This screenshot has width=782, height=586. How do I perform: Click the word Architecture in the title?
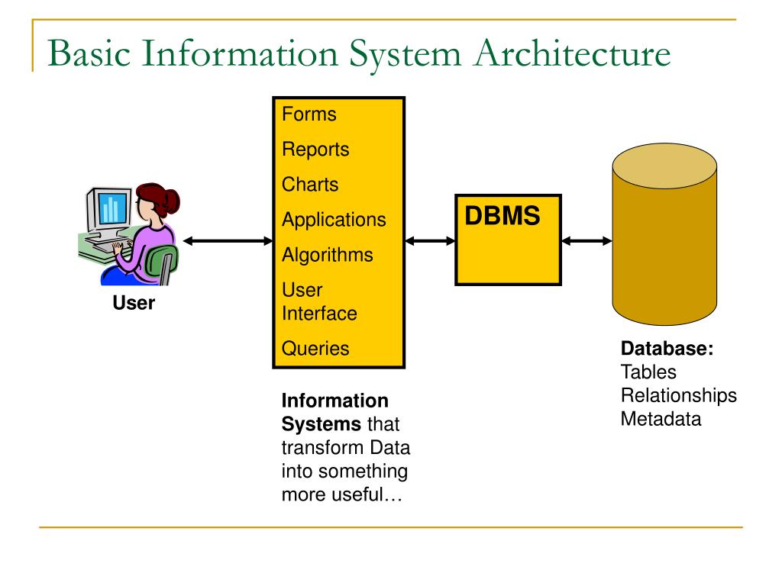click(x=573, y=53)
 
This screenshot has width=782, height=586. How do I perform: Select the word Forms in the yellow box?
click(x=309, y=114)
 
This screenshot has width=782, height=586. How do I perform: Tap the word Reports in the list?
click(x=315, y=150)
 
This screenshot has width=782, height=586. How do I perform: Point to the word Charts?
click(x=310, y=185)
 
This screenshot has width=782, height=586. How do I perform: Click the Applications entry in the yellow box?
click(x=334, y=220)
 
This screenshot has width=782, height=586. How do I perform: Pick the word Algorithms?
click(x=328, y=255)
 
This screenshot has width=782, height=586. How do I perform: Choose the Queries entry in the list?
click(x=315, y=348)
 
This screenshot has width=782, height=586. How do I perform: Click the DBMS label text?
click(x=502, y=216)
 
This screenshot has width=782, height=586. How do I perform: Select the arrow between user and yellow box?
click(x=228, y=241)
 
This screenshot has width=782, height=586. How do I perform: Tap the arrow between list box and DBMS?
click(x=431, y=241)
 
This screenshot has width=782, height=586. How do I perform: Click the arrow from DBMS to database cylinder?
click(x=586, y=241)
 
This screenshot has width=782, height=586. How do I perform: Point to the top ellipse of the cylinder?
click(x=665, y=166)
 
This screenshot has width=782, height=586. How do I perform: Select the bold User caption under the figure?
click(x=134, y=303)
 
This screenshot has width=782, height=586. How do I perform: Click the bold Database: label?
click(x=667, y=348)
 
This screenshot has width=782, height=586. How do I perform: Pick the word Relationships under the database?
click(x=679, y=396)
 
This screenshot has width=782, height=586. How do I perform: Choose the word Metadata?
click(x=661, y=419)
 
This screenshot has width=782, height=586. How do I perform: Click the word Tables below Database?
click(x=649, y=372)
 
